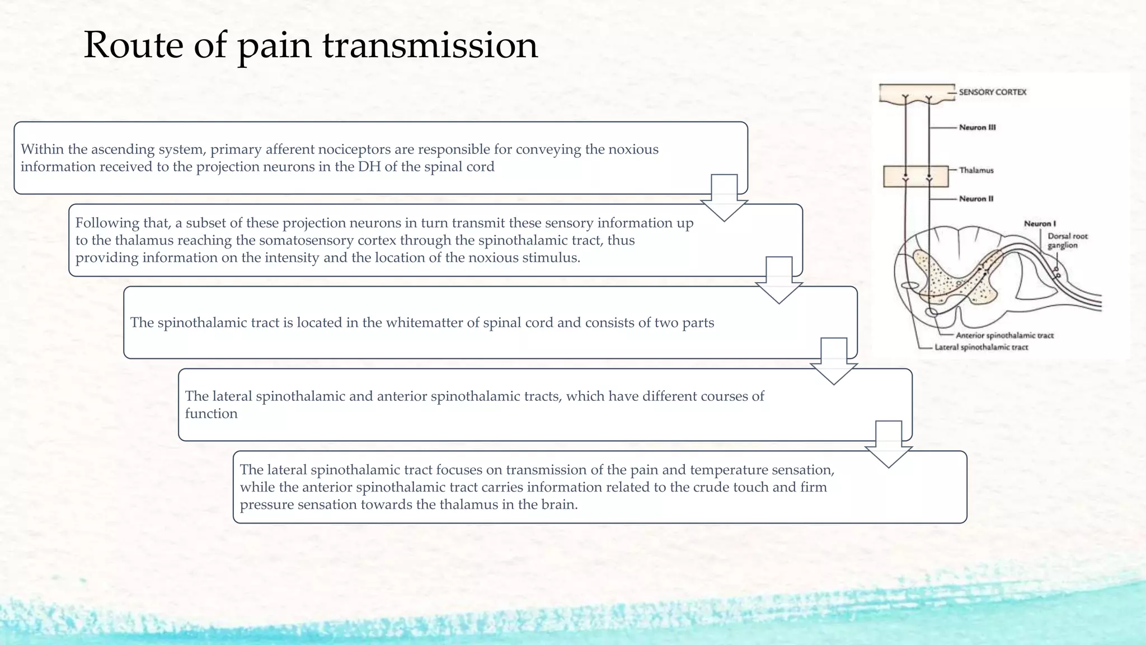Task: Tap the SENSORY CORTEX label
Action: click(992, 92)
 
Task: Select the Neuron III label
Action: click(977, 127)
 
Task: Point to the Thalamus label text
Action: click(976, 170)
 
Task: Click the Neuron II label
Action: click(976, 199)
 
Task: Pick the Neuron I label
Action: click(1040, 223)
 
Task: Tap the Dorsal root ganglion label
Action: click(1067, 241)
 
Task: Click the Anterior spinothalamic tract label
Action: click(1004, 335)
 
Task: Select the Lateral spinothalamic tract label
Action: click(981, 347)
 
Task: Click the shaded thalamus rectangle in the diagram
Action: click(915, 176)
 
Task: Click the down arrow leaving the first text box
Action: click(724, 198)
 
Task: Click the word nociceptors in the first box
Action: click(355, 149)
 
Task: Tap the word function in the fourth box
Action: click(211, 414)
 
